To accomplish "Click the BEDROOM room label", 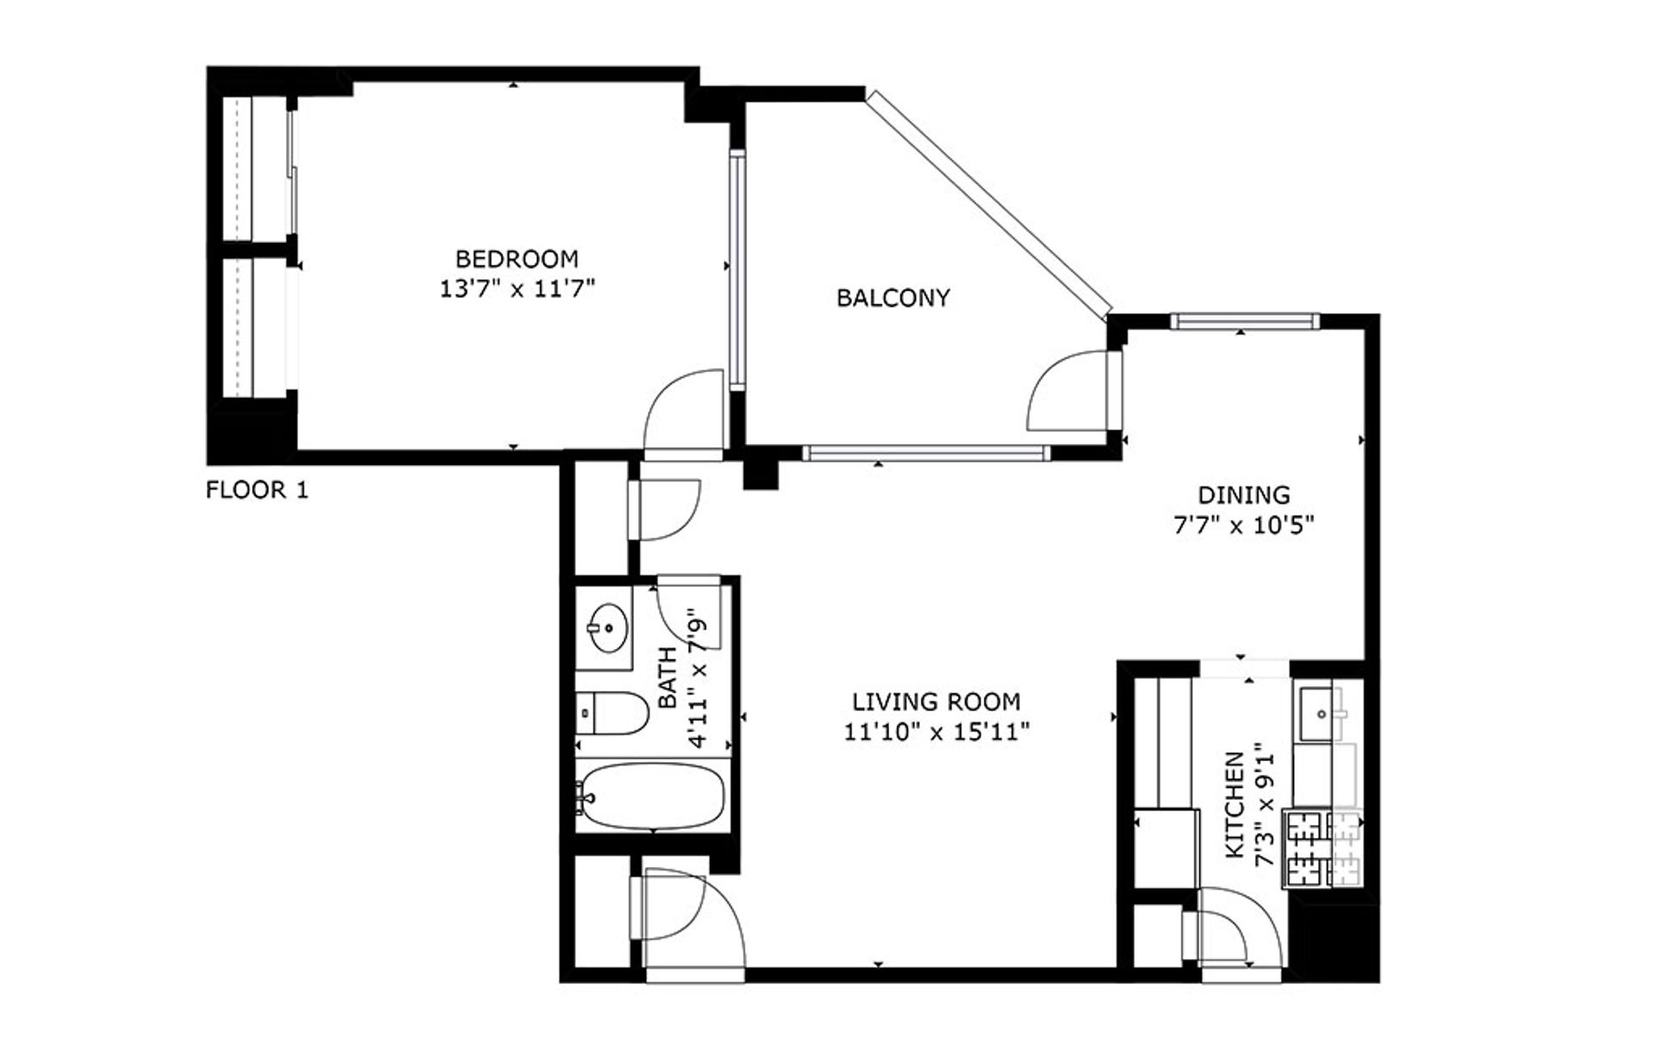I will tap(516, 258).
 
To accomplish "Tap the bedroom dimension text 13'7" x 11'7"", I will tap(517, 288).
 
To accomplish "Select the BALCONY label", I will tap(893, 298).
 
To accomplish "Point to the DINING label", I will tap(1244, 495).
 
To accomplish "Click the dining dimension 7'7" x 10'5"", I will tap(1244, 525).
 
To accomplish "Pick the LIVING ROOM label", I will tap(936, 702).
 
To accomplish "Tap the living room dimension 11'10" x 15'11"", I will tap(936, 733).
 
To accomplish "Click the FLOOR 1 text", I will tap(257, 491).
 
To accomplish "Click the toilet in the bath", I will tap(613, 713).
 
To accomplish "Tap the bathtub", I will tap(653, 796).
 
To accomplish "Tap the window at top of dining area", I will tap(1244, 321).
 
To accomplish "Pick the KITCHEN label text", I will tap(1235, 805).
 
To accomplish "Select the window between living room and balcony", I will tap(926, 452).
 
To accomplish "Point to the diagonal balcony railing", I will tap(989, 203).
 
